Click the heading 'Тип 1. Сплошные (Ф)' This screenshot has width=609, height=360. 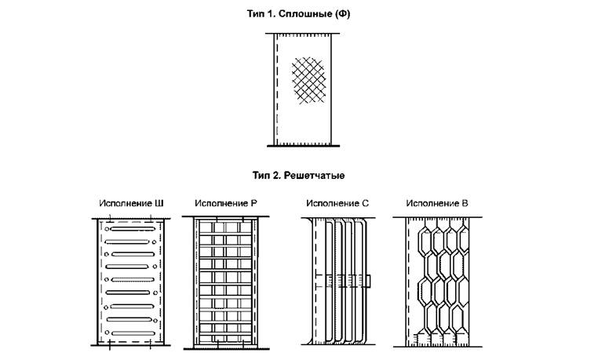point(298,14)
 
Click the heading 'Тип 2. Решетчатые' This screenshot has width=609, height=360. point(298,176)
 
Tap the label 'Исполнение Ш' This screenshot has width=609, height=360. point(131,203)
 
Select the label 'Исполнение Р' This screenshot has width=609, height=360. point(226,203)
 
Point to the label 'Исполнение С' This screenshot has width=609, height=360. point(337,203)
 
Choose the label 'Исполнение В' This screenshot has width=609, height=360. point(437,203)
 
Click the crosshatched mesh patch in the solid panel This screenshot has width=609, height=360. point(308,80)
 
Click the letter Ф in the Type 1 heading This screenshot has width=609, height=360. point(341,14)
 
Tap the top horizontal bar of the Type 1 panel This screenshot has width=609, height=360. point(303,34)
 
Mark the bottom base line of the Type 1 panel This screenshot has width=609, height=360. point(304,146)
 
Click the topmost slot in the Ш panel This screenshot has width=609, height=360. point(133,229)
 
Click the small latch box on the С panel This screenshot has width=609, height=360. point(367,281)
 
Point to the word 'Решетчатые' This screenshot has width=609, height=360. point(314,176)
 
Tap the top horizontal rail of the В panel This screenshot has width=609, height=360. point(437,217)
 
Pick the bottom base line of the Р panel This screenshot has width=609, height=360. point(227,349)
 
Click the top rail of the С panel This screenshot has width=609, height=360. point(338,218)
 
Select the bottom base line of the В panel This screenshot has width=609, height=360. point(438,347)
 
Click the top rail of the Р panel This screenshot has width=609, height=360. point(226,216)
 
